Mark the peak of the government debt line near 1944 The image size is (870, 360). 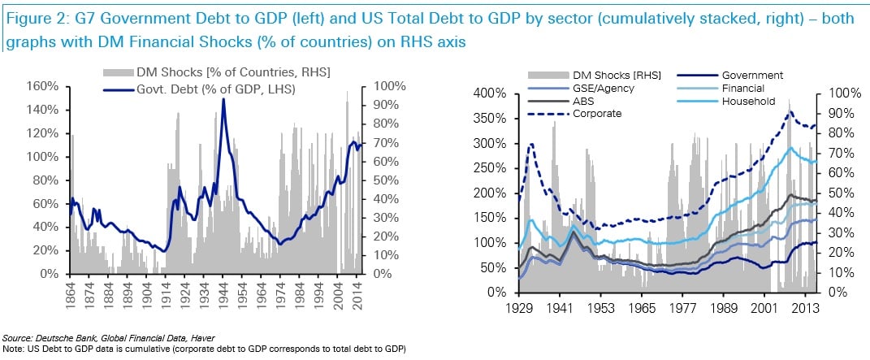223,99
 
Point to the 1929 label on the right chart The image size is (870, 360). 518,310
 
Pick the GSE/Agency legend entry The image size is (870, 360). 594,88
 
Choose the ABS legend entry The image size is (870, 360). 572,101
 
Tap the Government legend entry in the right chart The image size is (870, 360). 747,75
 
